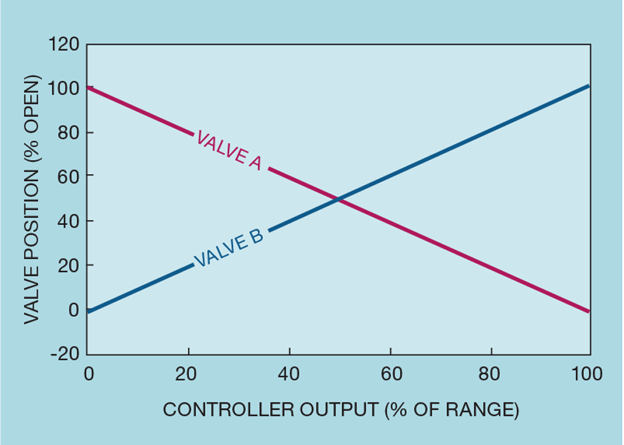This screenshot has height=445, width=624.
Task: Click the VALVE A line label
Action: coord(229,151)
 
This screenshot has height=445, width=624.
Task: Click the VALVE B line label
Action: coord(228,249)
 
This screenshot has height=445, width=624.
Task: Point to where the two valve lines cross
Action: coord(339,200)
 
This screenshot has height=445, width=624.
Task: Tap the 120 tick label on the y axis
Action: coord(64,45)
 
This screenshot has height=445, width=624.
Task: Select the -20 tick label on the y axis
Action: coord(66,354)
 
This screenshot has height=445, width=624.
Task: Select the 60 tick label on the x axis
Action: coord(390,374)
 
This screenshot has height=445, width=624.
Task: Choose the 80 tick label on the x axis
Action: coord(491,374)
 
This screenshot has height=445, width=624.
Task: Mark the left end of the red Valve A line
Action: coord(88,87)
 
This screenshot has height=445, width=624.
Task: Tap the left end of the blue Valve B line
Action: coord(88,310)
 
